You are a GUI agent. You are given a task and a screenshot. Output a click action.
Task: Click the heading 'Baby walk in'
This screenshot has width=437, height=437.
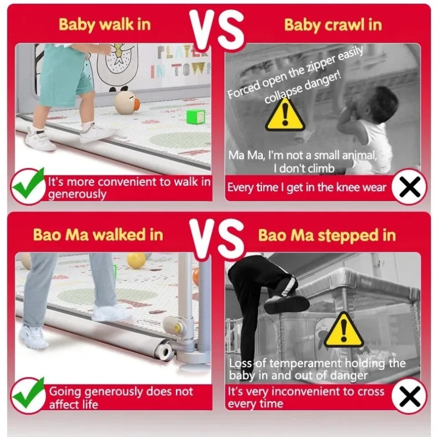(105, 25)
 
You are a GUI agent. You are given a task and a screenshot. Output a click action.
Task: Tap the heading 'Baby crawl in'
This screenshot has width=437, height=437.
(333, 25)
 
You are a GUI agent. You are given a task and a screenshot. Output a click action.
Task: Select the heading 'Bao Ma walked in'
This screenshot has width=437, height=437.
(98, 235)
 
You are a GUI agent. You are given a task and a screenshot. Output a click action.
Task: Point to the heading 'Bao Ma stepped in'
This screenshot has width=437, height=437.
(327, 236)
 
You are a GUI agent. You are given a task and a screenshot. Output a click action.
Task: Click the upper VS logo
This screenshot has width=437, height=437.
(217, 29)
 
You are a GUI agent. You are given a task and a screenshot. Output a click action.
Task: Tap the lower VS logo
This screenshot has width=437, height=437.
(217, 239)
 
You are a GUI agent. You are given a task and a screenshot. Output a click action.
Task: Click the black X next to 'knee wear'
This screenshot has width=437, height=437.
(410, 187)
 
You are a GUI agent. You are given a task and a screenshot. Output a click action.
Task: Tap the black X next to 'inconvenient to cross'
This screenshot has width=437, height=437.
(410, 396)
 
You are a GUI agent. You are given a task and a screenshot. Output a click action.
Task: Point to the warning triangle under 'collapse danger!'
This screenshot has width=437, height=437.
(285, 115)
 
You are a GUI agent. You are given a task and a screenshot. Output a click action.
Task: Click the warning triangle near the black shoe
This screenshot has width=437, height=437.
(344, 330)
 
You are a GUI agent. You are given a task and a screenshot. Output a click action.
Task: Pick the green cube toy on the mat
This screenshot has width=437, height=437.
(196, 116)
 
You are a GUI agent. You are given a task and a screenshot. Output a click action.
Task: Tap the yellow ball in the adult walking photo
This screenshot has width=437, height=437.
(136, 261)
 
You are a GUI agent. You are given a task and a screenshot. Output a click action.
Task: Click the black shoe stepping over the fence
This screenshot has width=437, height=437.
(286, 304)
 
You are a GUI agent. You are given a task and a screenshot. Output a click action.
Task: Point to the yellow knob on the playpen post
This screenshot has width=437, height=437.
(176, 328)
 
